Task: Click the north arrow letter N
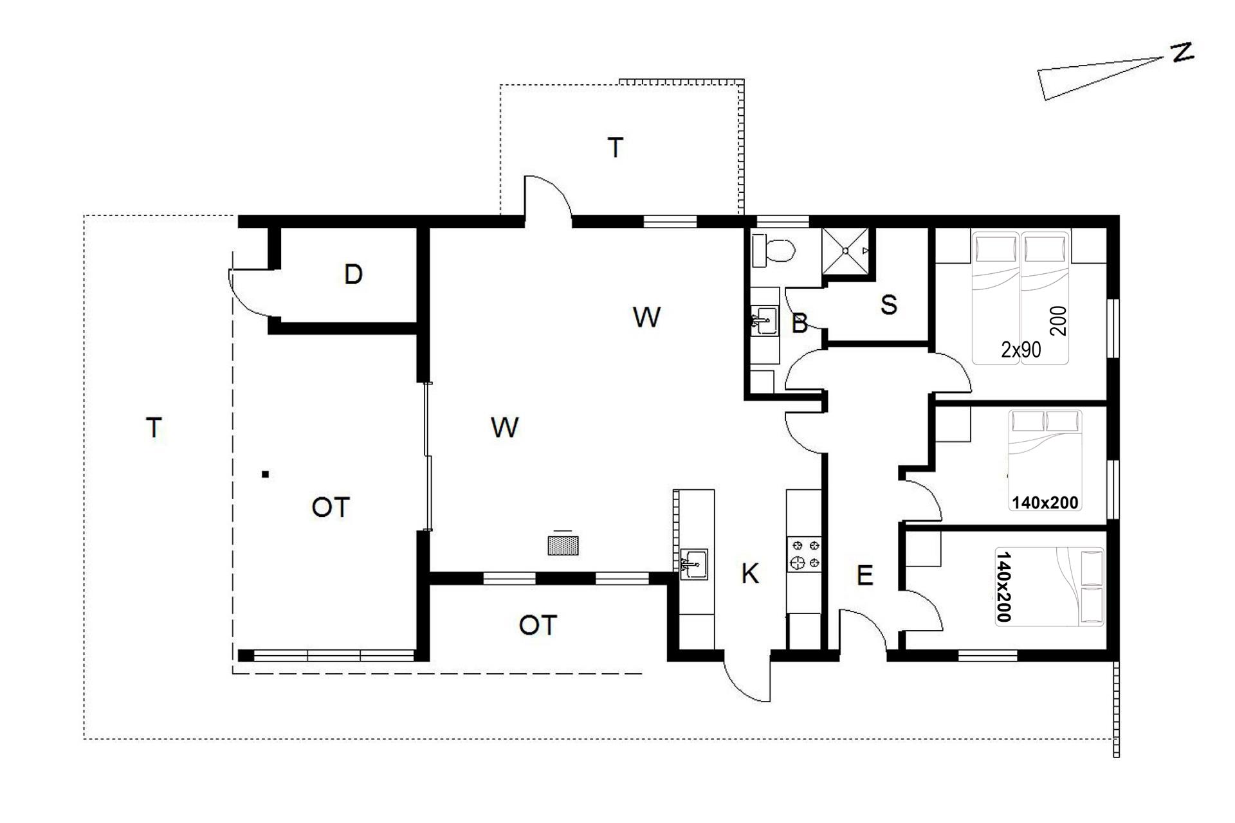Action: (1182, 53)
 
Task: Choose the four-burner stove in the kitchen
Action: (804, 554)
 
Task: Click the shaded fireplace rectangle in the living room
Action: (563, 545)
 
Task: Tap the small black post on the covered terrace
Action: (265, 475)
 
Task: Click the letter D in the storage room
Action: (353, 275)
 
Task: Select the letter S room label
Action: (888, 305)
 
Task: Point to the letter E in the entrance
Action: (865, 575)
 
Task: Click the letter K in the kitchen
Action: (750, 574)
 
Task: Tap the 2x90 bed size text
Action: (1021, 349)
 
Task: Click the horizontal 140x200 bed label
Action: (1045, 502)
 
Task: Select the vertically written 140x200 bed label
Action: (1003, 586)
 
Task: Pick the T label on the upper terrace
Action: (616, 148)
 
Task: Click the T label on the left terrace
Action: (154, 428)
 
